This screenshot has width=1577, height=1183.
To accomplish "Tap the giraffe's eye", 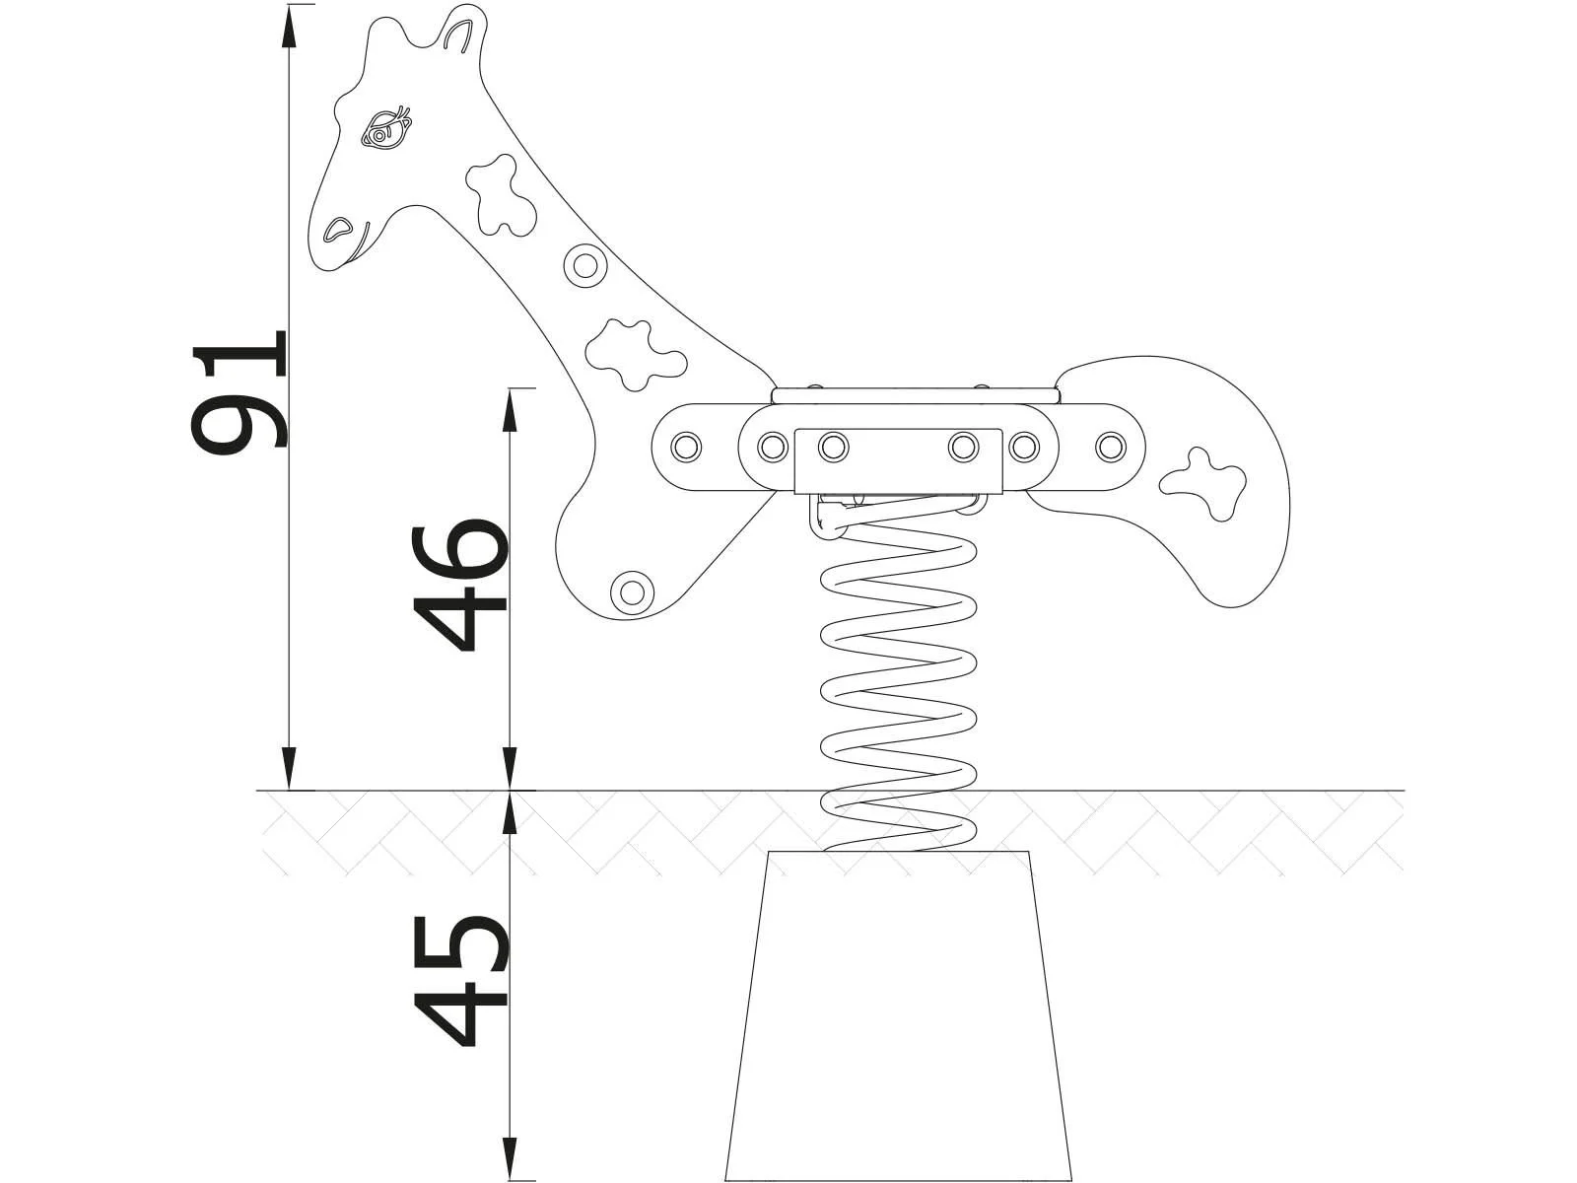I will coord(385,129).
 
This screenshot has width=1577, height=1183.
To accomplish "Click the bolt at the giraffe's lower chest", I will coord(631,591).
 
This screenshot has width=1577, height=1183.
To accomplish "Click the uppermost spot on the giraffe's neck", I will coord(503,192).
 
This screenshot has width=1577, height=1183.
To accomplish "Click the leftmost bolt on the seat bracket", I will coord(686,447).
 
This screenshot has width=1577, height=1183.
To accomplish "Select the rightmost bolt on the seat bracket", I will coord(1112,447).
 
